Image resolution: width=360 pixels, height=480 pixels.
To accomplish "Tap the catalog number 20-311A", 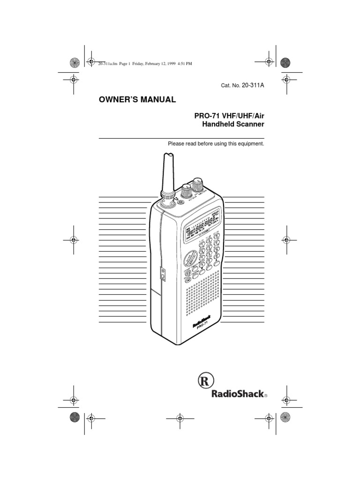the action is click(253, 85).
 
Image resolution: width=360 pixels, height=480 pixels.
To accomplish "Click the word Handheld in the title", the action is click(215, 125).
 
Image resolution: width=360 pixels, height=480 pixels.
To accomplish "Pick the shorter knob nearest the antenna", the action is click(186, 192).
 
